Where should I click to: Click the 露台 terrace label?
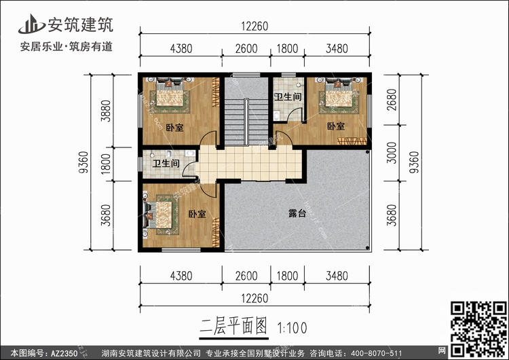(x=297, y=213)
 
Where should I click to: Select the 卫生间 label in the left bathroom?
(x=166, y=164)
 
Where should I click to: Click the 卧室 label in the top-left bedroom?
(x=174, y=127)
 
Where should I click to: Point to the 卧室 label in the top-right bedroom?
(x=335, y=126)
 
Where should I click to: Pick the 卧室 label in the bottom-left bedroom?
(x=197, y=215)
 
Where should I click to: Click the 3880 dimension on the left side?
(x=104, y=110)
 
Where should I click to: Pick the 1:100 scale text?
(x=293, y=327)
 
